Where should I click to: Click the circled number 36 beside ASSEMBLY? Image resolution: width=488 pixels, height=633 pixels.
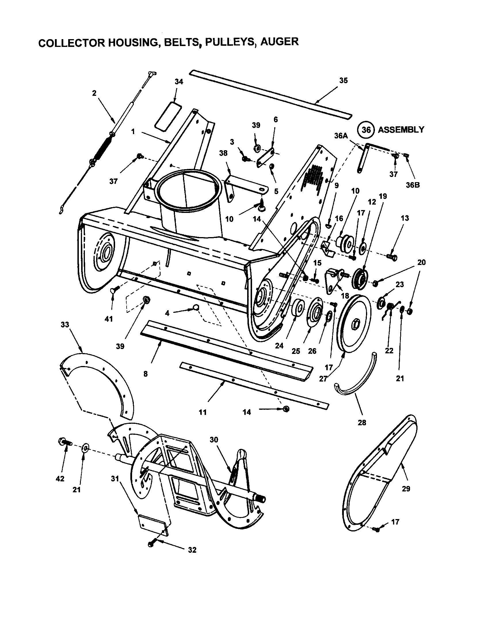(x=366, y=129)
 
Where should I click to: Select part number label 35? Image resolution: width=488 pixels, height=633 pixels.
(x=343, y=81)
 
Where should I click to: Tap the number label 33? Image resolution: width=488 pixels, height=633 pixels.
(x=65, y=325)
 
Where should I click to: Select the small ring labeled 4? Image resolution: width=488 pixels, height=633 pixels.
(x=196, y=307)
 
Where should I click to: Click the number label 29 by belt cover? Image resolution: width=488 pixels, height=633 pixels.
(x=406, y=489)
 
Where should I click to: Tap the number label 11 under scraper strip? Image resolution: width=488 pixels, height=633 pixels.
(x=203, y=412)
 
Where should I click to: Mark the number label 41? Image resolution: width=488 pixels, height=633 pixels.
(x=108, y=319)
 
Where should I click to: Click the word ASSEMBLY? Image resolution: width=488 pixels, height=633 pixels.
(x=401, y=129)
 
